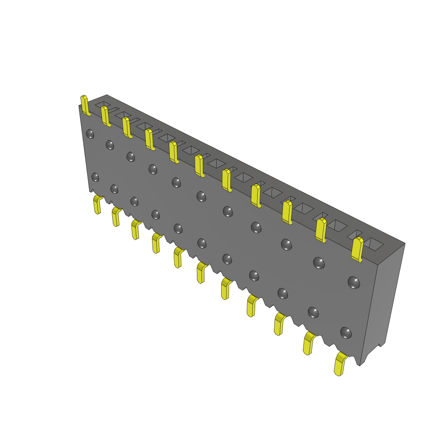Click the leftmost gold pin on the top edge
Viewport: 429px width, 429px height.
[x=85, y=105]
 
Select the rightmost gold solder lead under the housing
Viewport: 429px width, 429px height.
[x=340, y=364]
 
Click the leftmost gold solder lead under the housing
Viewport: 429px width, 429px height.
[x=98, y=204]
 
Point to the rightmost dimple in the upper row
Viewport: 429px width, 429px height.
[x=354, y=282]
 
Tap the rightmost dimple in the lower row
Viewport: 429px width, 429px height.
[x=346, y=333]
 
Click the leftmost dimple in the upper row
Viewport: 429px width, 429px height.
[x=90, y=134]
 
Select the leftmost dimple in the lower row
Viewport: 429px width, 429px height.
[x=96, y=177]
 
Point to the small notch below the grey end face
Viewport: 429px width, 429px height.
[x=381, y=346]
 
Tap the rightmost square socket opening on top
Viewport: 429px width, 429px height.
[x=374, y=244]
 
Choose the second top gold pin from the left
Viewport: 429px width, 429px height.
[x=105, y=116]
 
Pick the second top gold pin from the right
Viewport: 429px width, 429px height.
[x=320, y=230]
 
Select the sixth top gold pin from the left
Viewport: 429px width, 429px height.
[x=199, y=165]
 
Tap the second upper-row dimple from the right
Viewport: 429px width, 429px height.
[x=319, y=263]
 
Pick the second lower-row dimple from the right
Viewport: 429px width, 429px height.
[x=313, y=312]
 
